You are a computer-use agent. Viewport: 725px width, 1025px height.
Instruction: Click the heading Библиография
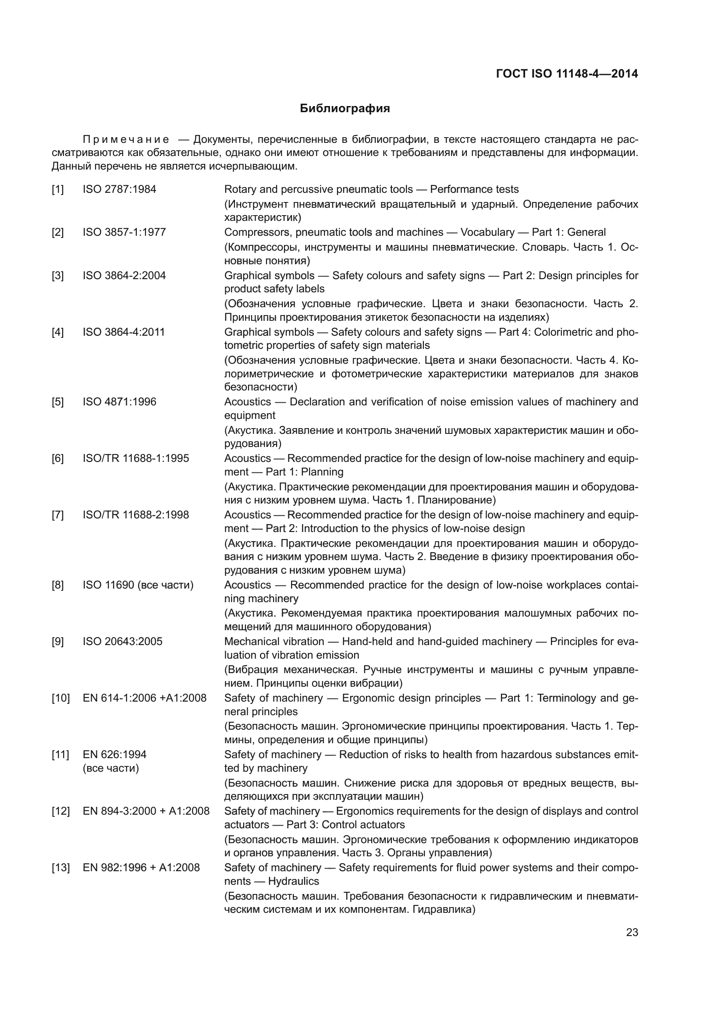[x=345, y=109]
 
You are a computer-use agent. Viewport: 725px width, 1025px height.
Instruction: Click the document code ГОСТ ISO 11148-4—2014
[x=566, y=74]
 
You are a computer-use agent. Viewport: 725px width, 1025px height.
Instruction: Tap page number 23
[x=632, y=932]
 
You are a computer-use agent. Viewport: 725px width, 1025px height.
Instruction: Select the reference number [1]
[x=57, y=189]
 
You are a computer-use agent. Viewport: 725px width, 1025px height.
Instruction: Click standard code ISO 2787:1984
[x=119, y=189]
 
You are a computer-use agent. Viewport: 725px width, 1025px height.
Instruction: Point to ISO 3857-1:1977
[x=124, y=232]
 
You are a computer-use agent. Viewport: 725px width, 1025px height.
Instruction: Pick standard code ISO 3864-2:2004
[x=124, y=276]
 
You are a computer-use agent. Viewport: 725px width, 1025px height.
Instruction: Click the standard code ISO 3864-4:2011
[x=124, y=332]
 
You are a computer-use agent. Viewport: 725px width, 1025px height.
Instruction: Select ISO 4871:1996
[x=119, y=402]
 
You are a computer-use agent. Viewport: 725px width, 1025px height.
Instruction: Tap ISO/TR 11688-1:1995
[x=136, y=458]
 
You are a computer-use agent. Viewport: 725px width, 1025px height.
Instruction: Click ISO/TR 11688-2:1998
[x=136, y=515]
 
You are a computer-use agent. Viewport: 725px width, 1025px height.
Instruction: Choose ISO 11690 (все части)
[x=138, y=585]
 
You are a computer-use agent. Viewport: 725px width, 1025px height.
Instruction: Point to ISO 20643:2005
[x=122, y=642]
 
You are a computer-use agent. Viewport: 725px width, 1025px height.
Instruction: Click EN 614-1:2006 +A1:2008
[x=145, y=698]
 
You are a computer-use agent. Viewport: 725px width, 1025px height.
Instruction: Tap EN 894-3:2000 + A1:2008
[x=146, y=811]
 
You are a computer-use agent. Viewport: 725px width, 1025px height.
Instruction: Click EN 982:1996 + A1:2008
[x=141, y=868]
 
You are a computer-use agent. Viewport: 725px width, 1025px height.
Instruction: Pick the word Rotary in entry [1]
[x=240, y=189]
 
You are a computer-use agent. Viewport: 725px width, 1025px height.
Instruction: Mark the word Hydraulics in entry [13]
[x=293, y=881]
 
